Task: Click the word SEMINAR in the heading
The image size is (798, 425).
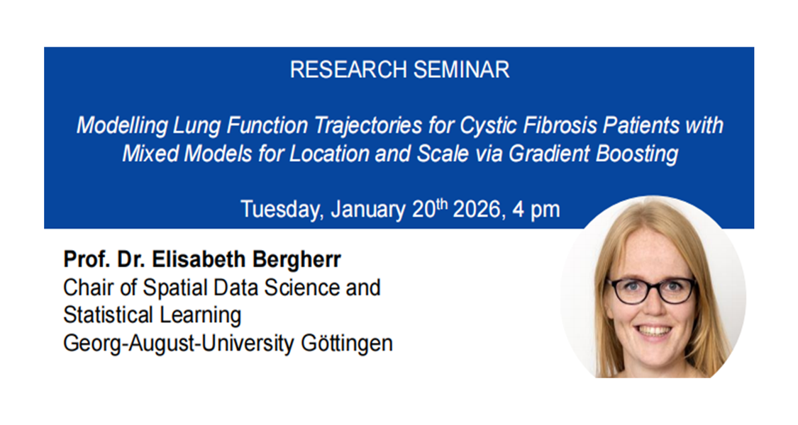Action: (461, 69)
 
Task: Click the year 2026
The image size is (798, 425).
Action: (477, 210)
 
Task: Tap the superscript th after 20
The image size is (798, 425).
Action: (442, 204)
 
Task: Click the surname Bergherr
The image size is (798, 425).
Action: (297, 259)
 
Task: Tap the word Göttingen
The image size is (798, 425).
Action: (347, 344)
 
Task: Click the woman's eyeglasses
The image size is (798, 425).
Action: (653, 290)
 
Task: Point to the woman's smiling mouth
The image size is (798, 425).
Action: (655, 331)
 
